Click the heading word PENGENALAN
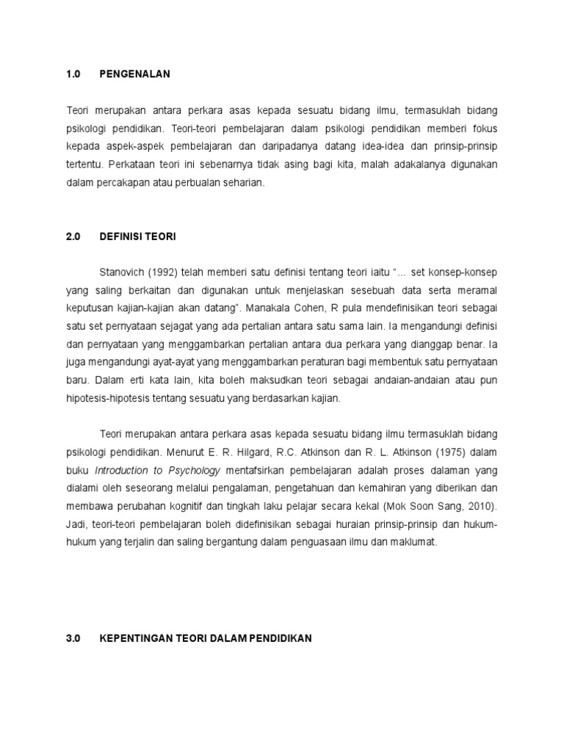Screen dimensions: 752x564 coord(134,74)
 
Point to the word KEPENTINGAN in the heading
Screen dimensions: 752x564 coord(137,638)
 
